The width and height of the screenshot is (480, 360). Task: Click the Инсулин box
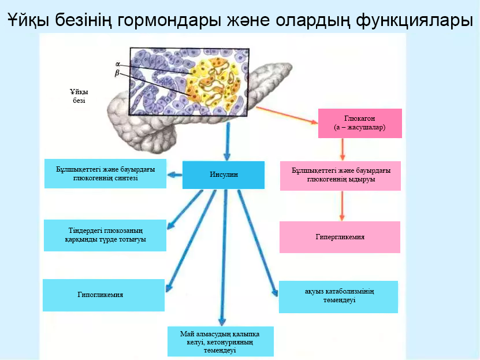click(223, 175)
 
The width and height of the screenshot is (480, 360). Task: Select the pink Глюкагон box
click(359, 123)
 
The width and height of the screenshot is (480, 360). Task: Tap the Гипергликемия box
click(340, 237)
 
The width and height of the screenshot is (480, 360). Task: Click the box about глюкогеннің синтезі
click(105, 173)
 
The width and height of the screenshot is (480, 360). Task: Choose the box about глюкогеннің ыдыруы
click(341, 175)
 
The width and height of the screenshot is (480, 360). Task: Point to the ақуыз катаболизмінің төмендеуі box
click(338, 296)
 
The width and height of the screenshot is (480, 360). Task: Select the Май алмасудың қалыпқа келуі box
click(220, 341)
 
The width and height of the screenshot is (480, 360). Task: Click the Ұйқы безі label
click(79, 96)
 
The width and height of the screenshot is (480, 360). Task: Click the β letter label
click(118, 73)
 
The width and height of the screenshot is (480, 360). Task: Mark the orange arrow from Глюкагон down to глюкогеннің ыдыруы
click(343, 150)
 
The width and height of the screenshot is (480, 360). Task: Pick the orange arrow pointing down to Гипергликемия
click(343, 206)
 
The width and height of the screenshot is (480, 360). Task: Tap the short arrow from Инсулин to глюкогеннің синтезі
click(175, 175)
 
